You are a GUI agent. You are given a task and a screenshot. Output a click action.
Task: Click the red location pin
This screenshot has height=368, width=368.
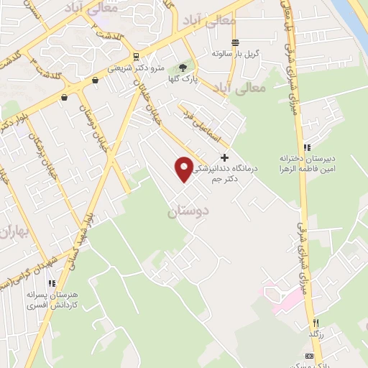184,168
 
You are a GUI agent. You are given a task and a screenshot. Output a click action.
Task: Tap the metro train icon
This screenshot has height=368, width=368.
136,56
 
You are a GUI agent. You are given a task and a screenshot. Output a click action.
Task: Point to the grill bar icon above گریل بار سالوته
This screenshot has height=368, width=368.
234,42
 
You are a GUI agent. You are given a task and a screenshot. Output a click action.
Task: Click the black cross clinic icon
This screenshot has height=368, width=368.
225,157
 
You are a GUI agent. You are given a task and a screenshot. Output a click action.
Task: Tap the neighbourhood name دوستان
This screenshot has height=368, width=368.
189,213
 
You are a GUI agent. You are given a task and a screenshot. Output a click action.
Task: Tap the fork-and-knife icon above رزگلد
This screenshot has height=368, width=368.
316,323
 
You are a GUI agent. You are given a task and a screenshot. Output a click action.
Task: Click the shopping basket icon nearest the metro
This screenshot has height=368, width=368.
95,81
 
